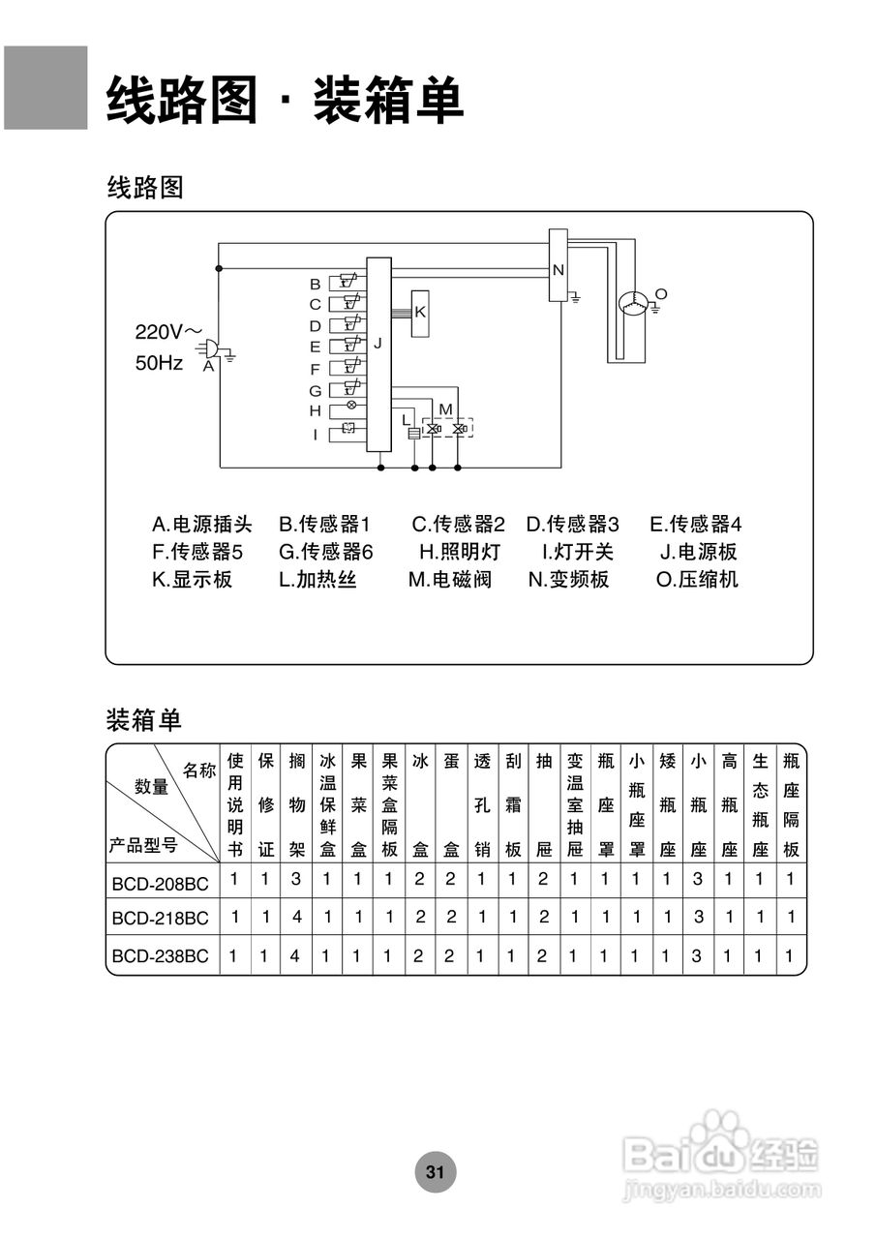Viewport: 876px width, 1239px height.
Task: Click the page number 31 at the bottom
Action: click(435, 1172)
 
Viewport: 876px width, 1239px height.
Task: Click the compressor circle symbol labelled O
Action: click(635, 302)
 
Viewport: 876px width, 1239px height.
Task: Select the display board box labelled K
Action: click(421, 313)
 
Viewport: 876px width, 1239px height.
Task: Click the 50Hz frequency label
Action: click(159, 364)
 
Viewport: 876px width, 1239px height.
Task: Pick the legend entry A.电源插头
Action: click(201, 525)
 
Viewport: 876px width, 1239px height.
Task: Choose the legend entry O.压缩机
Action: click(697, 580)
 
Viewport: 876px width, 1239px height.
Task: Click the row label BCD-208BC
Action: click(160, 882)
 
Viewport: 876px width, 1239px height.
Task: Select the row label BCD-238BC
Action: click(160, 955)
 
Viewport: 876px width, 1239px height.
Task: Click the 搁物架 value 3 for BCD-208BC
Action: click(296, 880)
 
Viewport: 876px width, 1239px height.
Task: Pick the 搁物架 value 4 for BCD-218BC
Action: click(296, 918)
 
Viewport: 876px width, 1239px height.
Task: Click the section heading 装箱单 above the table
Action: click(143, 720)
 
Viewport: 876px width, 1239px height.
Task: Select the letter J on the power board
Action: click(378, 343)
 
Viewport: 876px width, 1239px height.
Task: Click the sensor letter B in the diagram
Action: click(315, 284)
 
